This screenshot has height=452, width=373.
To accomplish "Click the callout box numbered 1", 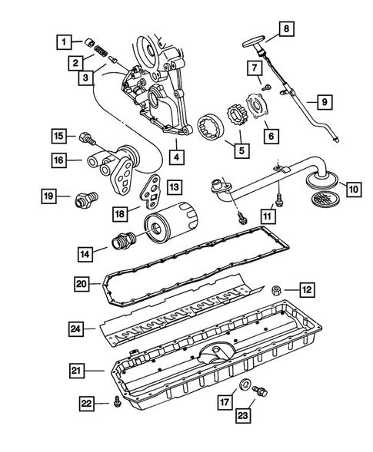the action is click(x=64, y=42).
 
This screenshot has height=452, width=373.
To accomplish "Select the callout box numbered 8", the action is click(x=286, y=29).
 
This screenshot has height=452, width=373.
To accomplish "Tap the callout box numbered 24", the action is click(x=75, y=329).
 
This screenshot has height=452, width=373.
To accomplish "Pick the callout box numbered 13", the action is click(x=175, y=187).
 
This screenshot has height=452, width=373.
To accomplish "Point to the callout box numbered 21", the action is click(x=76, y=371).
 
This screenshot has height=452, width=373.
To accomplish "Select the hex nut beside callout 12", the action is click(x=275, y=290).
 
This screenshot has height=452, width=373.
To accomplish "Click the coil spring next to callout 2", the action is click(x=100, y=51).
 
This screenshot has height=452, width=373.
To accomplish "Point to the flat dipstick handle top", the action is click(x=253, y=41).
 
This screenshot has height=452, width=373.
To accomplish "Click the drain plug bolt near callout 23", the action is click(x=260, y=391).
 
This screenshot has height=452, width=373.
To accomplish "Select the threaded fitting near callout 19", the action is click(x=87, y=199).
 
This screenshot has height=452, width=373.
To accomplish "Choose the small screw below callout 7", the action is click(x=267, y=87).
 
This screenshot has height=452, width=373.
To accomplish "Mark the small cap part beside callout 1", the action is click(x=89, y=43).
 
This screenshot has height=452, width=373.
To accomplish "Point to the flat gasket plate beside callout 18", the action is click(x=152, y=192).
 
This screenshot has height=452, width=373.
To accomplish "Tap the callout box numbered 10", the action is click(x=354, y=190).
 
